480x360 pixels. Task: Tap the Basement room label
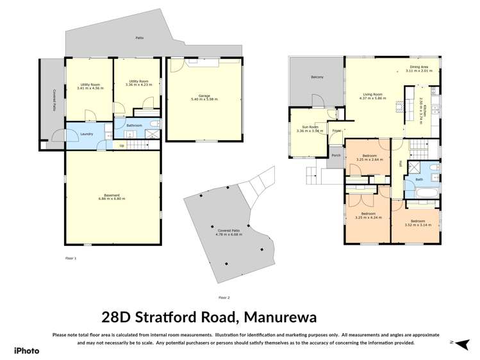pos(112,197)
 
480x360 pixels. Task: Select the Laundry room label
pos(87,134)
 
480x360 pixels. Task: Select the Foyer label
pos(336,131)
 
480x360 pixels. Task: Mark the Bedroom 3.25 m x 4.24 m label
pos(367,216)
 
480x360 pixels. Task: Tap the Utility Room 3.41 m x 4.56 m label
pos(89,86)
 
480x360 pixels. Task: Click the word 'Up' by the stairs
pos(122,145)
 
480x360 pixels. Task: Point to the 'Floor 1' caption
pos(70,258)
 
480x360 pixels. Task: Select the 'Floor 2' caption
pos(224,297)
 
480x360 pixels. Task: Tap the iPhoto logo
pos(26,350)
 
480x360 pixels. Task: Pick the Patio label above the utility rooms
pos(138,38)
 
